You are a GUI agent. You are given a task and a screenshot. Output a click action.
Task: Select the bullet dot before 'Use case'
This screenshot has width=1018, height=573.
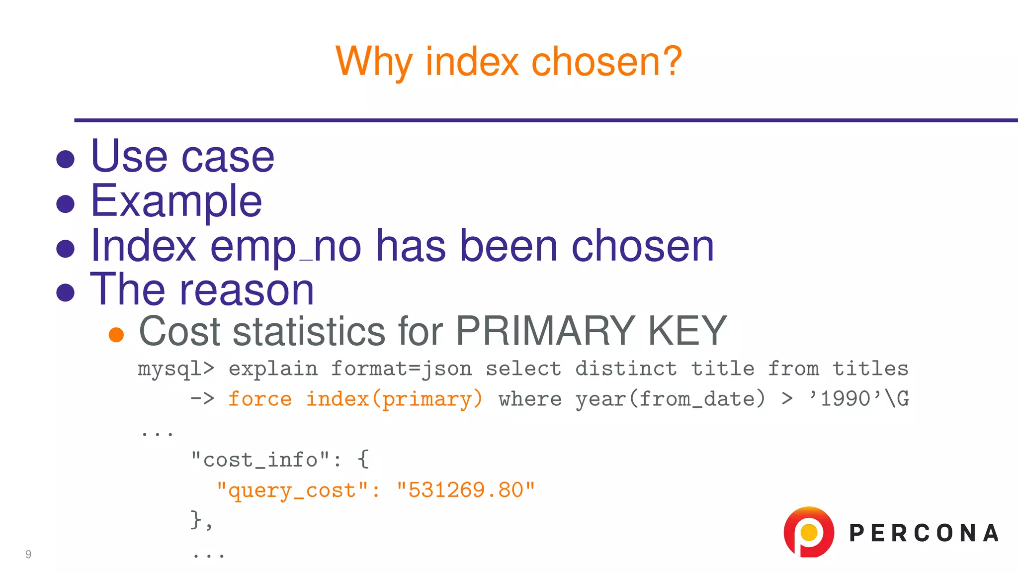click(x=65, y=160)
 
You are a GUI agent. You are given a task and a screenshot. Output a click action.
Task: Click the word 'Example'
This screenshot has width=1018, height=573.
click(x=176, y=201)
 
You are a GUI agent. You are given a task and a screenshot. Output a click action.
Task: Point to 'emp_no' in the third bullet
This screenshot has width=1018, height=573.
click(x=286, y=246)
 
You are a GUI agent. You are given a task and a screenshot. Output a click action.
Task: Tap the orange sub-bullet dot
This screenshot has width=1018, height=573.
click(x=116, y=335)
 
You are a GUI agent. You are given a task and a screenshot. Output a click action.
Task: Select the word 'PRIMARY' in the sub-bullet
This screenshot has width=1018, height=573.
click(x=545, y=331)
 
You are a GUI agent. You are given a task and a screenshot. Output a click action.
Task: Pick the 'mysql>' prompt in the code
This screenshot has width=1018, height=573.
click(x=176, y=369)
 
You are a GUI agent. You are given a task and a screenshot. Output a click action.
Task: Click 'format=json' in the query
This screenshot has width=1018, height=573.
click(x=402, y=369)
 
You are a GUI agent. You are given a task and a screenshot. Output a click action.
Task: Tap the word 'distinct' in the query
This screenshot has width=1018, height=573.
click(x=626, y=369)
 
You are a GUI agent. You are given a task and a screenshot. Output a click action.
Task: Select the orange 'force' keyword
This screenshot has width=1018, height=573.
click(x=260, y=399)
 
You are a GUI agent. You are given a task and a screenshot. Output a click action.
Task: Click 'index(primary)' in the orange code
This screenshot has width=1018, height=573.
click(x=394, y=399)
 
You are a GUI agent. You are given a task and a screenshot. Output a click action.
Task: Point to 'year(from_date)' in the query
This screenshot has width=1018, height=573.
click(x=670, y=399)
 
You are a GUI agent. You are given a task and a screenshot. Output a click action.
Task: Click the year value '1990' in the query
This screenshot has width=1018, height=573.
click(x=846, y=399)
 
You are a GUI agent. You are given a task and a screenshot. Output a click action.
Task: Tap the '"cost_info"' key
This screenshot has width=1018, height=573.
click(x=260, y=460)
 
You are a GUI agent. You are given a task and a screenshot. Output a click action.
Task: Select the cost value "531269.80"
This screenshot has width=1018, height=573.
click(x=466, y=490)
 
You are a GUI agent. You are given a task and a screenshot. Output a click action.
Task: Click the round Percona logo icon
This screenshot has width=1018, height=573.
click(x=809, y=532)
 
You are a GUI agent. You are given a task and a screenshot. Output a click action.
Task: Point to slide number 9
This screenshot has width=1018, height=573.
click(x=28, y=554)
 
